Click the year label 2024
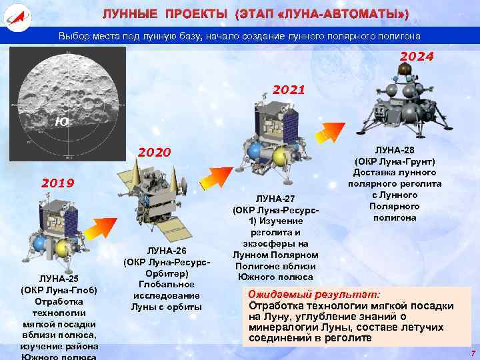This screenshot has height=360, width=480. point(417,57)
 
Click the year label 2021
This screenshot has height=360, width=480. point(289,89)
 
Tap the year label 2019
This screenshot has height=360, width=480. point(59,182)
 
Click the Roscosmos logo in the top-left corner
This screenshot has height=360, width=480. point(14,14)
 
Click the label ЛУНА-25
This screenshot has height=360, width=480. point(59,278)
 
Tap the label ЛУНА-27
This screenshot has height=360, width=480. point(275,198)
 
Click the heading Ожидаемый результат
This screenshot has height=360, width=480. point(314,294)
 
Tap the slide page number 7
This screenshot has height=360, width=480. point(472,353)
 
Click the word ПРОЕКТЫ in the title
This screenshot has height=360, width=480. point(196,14)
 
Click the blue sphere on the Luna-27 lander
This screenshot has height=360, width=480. point(254,151)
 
